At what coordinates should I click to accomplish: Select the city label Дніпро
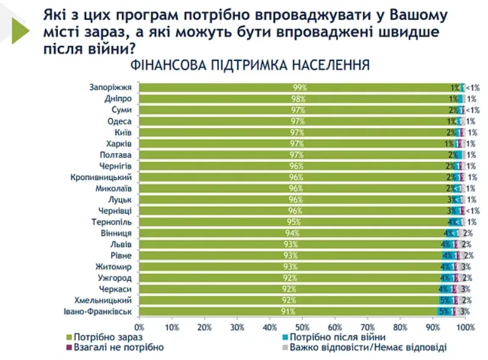click(x=120, y=98)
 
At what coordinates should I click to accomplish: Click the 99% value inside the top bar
click(x=299, y=87)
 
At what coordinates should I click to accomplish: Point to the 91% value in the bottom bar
click(x=286, y=312)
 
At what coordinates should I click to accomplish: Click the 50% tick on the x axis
click(x=303, y=328)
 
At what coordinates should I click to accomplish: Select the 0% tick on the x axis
click(x=140, y=328)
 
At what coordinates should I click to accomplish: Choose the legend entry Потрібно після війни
click(x=337, y=337)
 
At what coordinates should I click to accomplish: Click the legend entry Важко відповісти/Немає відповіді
click(x=367, y=348)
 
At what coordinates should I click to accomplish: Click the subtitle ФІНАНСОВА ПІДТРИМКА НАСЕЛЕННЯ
click(x=249, y=65)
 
